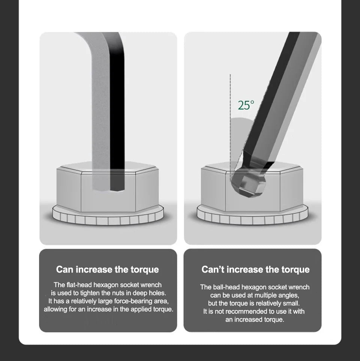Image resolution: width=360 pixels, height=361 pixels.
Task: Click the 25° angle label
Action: point(246,105)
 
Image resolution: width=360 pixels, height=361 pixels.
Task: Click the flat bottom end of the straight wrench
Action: point(108,190)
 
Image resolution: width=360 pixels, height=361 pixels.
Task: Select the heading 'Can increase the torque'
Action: point(107,270)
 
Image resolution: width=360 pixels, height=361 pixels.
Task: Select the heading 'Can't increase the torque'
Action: point(255,270)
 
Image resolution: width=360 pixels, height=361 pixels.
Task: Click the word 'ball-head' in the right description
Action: point(226,287)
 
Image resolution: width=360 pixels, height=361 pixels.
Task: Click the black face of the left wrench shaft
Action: point(117,111)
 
